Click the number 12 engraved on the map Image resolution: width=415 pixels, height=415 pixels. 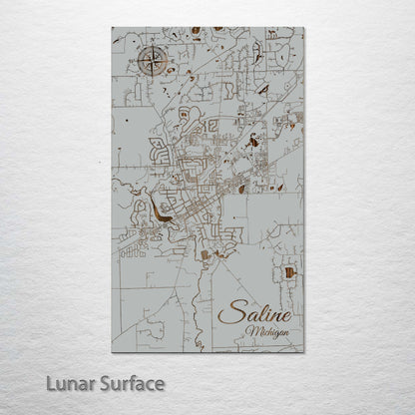tap(210, 127)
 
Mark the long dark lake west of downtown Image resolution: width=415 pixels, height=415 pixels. tap(160, 212)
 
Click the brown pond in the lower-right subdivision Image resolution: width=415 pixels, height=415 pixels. tap(289, 271)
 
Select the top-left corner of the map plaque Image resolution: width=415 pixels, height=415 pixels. tap(112, 28)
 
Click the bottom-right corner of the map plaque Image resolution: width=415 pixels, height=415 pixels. tap(304, 352)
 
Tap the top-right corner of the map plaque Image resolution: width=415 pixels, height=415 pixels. tap(304, 28)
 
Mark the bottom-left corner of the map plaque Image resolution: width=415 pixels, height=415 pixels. tap(112, 352)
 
